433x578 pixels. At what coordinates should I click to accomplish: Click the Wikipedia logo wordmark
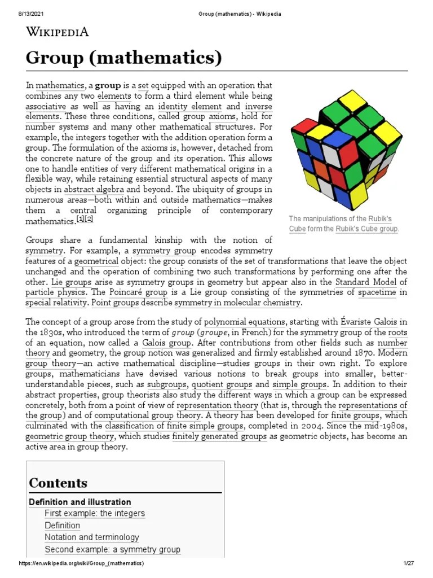pos(58,32)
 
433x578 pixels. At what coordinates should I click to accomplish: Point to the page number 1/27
pos(409,564)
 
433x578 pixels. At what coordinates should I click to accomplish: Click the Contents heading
pos(58,483)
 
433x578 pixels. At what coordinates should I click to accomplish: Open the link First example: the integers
pos(95,513)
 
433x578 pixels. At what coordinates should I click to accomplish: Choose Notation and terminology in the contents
pos(92,537)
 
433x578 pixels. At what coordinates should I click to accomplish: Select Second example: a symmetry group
pos(113,549)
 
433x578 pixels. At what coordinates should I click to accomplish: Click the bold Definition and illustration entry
pos(80,502)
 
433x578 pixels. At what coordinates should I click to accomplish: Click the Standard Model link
pos(365,281)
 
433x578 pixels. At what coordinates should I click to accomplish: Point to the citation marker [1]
pos(81,219)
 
